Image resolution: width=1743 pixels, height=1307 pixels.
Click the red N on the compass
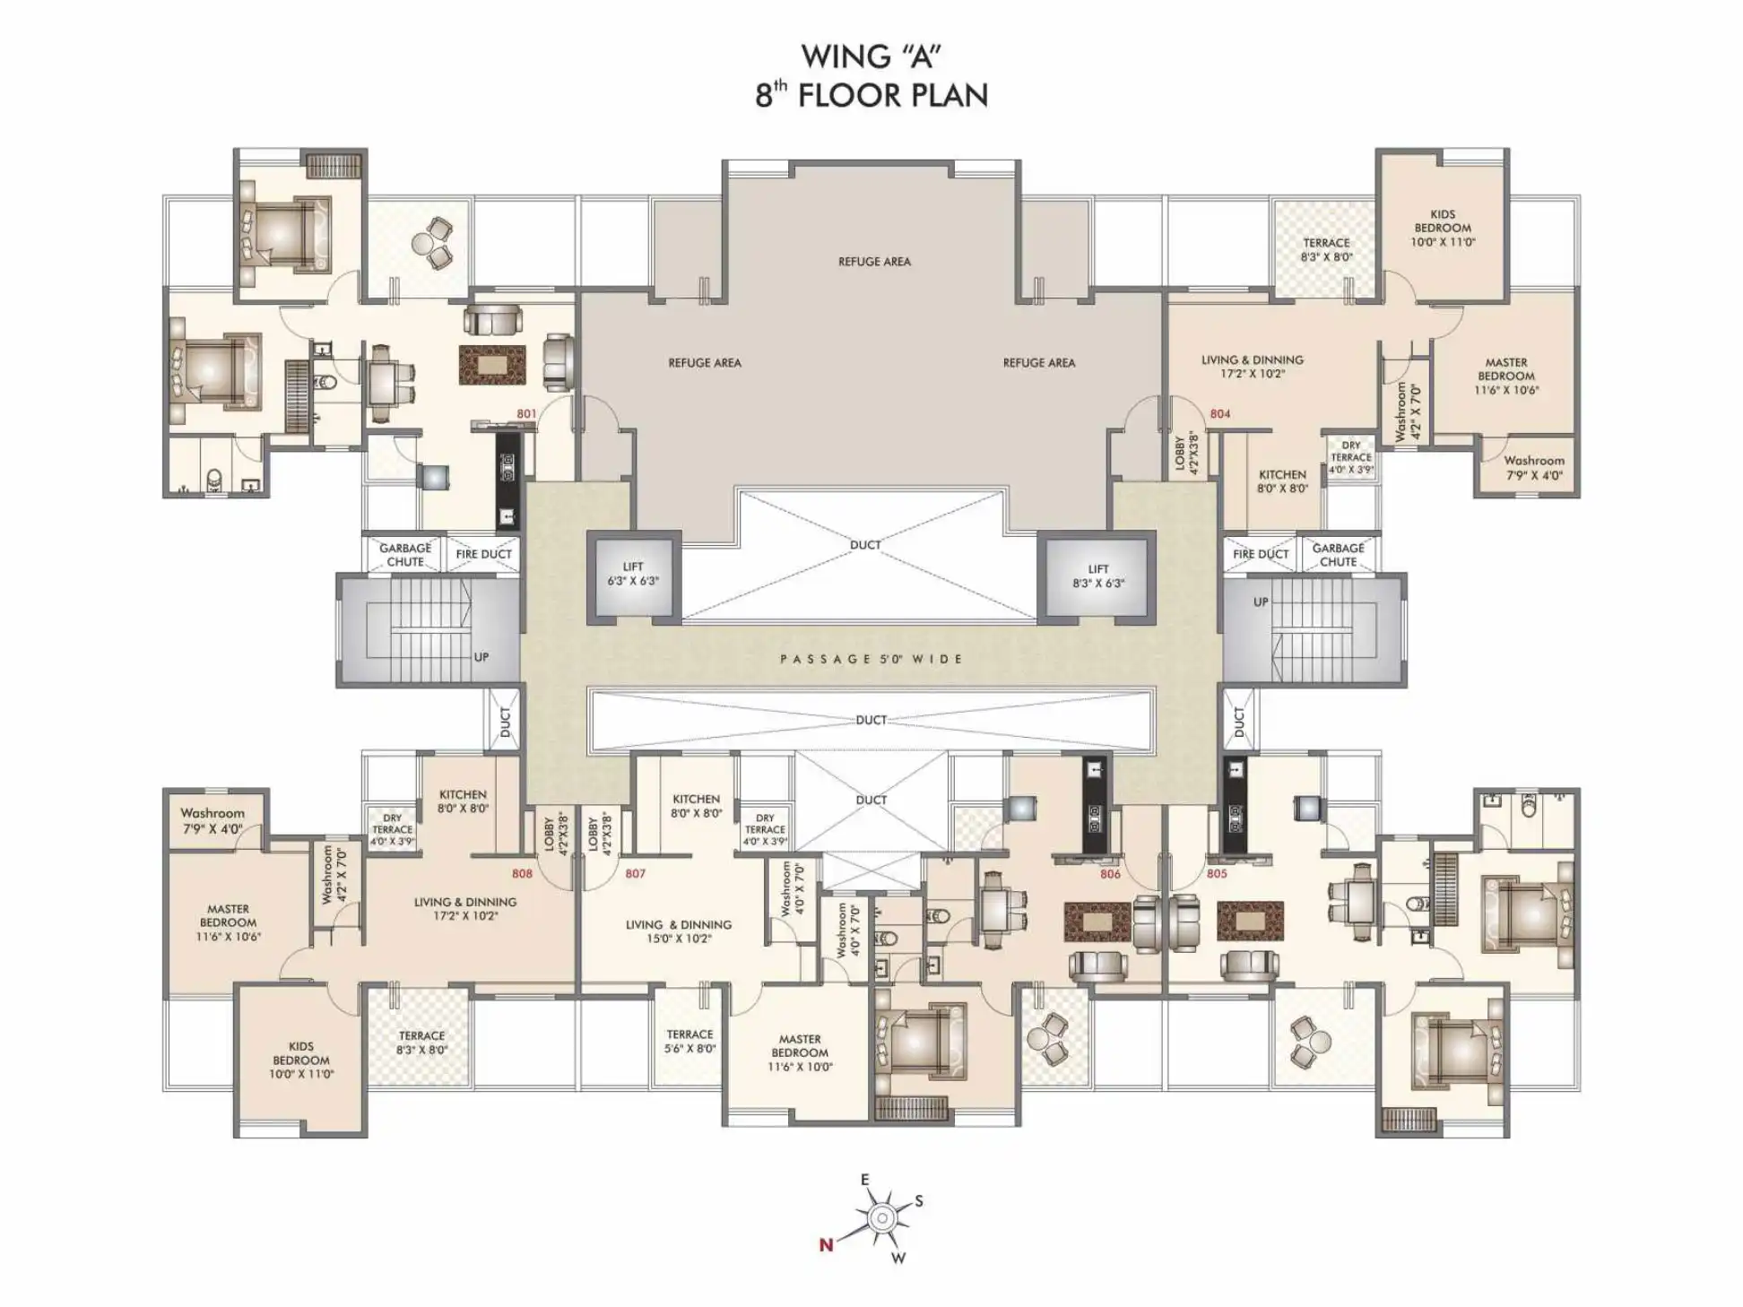[x=826, y=1244]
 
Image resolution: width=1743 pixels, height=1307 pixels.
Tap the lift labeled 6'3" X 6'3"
[x=633, y=574]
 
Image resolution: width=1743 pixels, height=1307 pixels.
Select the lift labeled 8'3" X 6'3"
[x=1097, y=576]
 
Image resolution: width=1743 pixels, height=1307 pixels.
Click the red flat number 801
[x=526, y=414]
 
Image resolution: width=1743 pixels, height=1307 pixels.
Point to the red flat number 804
[x=1219, y=414]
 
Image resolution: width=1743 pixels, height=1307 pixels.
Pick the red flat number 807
[x=635, y=873]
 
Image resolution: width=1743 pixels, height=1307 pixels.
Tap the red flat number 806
[x=1110, y=874]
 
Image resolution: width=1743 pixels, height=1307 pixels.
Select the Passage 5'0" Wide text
[x=871, y=659]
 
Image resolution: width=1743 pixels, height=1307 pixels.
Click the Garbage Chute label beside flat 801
[x=405, y=555]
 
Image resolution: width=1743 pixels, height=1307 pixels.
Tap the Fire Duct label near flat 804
[x=1261, y=554]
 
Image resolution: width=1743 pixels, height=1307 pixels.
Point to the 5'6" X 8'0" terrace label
[x=689, y=1041]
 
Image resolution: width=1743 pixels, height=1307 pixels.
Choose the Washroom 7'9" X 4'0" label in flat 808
[x=212, y=821]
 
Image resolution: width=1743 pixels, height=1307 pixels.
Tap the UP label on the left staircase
[x=481, y=657]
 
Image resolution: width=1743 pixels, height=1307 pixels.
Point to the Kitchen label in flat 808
[x=463, y=801]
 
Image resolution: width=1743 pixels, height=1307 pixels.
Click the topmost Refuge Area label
[x=874, y=262]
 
